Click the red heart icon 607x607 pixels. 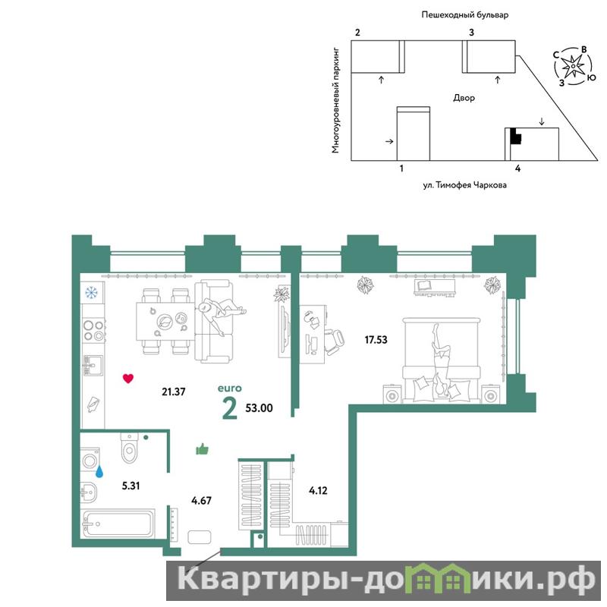point(128,378)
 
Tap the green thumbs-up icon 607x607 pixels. point(202,449)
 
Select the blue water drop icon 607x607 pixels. point(99,471)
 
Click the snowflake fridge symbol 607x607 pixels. point(91,293)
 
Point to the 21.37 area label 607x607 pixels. point(174,392)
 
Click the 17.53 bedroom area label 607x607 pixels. point(376,340)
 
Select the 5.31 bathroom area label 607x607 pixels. point(131,486)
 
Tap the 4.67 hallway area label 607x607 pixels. point(201,501)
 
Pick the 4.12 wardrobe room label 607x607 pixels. point(318,491)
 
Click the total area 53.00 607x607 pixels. point(259,408)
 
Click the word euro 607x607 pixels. point(230,388)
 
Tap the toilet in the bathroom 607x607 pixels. point(129,448)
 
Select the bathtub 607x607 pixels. point(119,524)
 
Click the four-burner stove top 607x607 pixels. point(94,331)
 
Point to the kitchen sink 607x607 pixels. point(93,366)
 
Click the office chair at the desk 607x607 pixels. point(334,341)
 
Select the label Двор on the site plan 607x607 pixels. point(464,98)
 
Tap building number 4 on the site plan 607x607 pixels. point(517,168)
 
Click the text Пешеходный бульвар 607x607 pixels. point(464,15)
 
